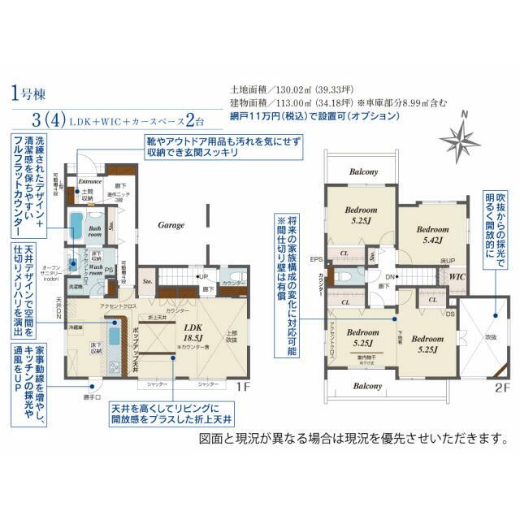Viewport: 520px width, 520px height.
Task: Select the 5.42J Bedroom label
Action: (431, 235)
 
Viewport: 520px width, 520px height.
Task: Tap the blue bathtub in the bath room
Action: (76, 224)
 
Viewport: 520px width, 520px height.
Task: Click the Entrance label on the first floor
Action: (89, 181)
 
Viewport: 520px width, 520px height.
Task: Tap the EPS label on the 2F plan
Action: (316, 260)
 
